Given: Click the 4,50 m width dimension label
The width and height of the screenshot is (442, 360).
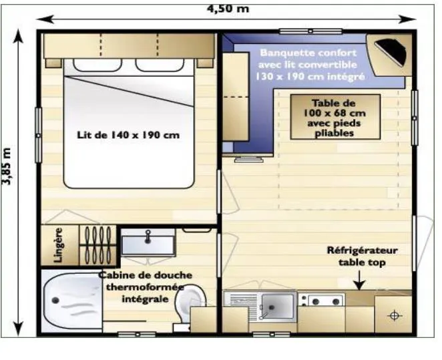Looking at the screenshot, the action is (x=228, y=9).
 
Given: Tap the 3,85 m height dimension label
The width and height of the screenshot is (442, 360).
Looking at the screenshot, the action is (x=6, y=166).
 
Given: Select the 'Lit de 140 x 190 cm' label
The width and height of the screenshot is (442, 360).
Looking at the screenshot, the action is (x=128, y=135).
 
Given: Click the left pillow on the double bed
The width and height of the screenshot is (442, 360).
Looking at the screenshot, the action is (x=97, y=65).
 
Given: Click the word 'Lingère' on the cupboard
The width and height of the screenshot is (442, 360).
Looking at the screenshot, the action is (x=58, y=245).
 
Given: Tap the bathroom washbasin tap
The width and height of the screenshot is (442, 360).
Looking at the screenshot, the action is (x=148, y=236).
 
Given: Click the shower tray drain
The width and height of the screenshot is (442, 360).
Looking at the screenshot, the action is (x=55, y=301).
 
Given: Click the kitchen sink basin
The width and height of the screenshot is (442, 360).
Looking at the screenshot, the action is (x=277, y=306).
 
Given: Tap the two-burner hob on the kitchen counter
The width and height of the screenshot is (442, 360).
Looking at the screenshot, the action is (x=322, y=301).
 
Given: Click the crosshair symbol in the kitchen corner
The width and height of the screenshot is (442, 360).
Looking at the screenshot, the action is (x=395, y=315).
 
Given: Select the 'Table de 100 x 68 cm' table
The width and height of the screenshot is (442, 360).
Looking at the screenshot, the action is (x=335, y=117).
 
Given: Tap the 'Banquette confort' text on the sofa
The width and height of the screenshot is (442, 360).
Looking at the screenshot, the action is (x=308, y=53).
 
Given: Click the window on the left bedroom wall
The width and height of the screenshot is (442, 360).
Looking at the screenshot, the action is (x=38, y=136).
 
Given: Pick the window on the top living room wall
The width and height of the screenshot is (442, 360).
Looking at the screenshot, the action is (x=310, y=31).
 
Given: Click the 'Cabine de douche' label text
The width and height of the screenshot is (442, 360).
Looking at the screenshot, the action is (x=146, y=275).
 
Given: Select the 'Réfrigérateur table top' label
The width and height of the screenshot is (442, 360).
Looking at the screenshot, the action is (x=363, y=256).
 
